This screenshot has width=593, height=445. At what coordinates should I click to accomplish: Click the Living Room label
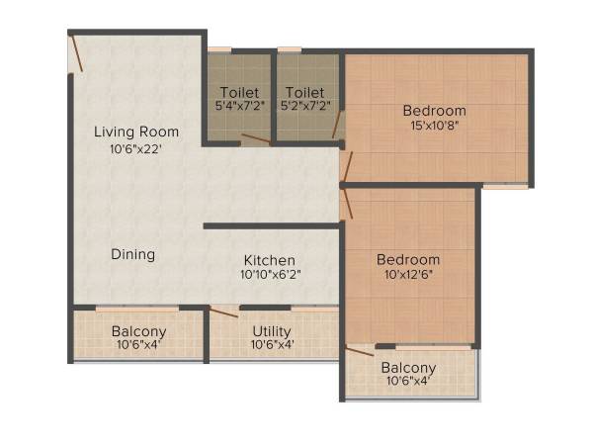pos(136,132)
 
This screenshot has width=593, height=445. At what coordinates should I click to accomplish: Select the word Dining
pos(132,254)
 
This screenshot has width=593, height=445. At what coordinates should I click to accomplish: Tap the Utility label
pos(271,331)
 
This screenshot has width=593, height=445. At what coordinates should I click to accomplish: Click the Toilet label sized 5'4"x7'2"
pos(239,91)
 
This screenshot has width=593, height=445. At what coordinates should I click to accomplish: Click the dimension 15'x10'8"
pos(435,125)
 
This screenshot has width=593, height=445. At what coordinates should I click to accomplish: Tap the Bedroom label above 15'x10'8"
pos(435,111)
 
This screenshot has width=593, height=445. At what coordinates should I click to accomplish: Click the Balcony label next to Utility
pos(138,331)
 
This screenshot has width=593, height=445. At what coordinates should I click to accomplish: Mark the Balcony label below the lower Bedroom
pos(408,368)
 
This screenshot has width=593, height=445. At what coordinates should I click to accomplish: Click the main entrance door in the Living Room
pos(76,51)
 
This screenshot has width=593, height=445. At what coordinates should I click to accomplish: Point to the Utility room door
pos(223,312)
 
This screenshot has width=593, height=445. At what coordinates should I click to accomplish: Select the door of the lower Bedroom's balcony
pos(360,349)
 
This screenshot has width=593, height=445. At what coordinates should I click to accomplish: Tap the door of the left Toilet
pos(255,140)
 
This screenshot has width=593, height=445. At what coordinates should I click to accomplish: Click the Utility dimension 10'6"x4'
pos(271,344)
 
